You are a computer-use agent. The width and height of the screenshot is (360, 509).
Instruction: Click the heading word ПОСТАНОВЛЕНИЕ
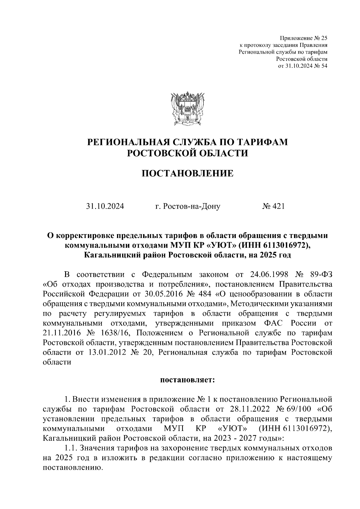click(x=187, y=173)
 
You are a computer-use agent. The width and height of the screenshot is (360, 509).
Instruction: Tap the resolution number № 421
click(x=273, y=206)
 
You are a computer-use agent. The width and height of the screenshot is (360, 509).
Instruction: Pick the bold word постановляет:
click(x=187, y=380)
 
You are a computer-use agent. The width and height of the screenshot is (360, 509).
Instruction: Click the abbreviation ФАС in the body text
click(x=273, y=323)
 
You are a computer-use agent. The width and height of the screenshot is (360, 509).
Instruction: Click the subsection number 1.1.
click(x=71, y=448)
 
